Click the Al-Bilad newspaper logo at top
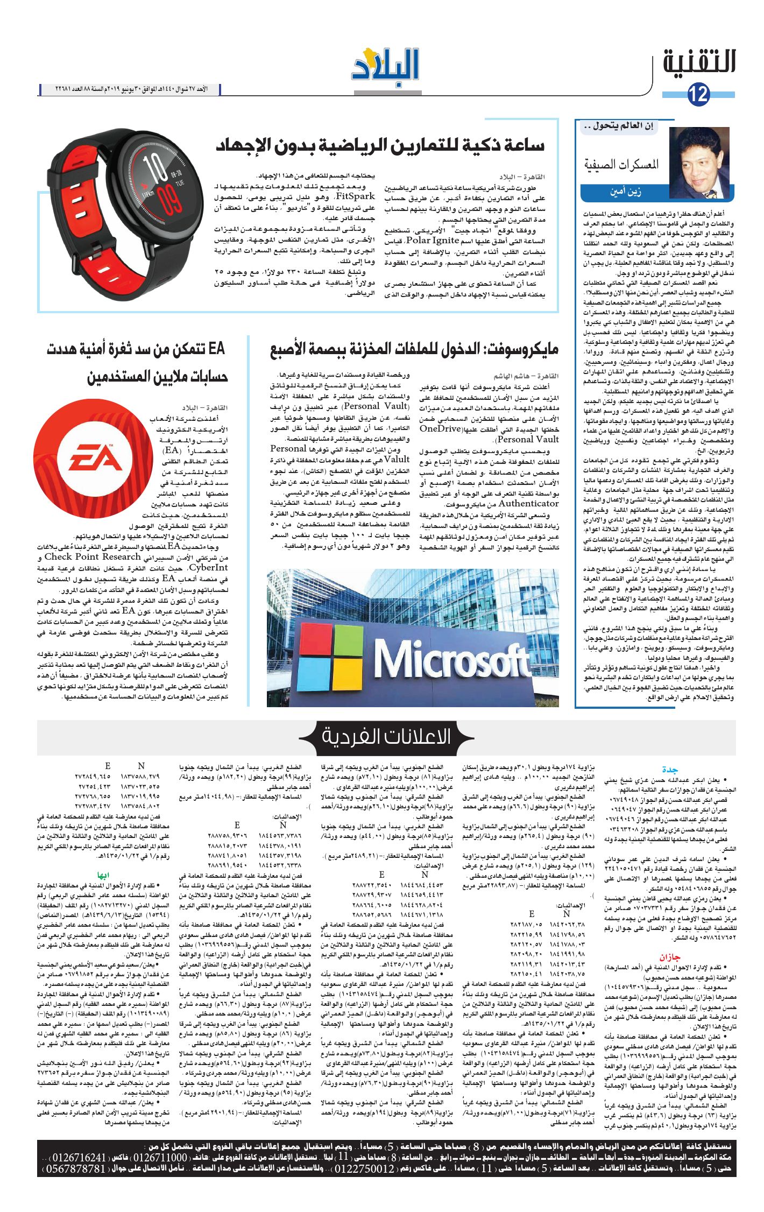click(x=385, y=66)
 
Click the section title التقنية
click(x=699, y=62)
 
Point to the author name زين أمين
click(x=624, y=192)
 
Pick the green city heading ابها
click(x=103, y=875)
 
